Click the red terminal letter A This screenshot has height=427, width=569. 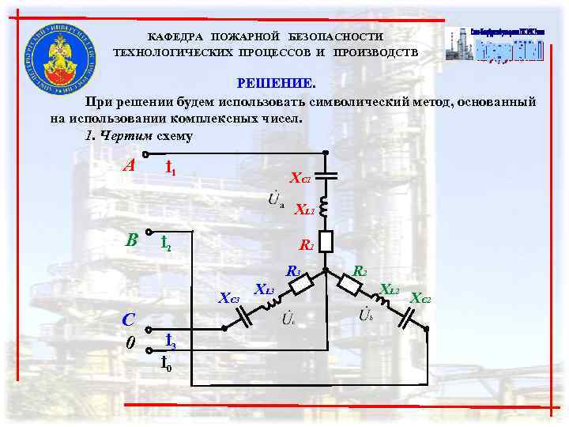click(x=129, y=167)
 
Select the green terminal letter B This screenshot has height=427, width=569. click(x=131, y=238)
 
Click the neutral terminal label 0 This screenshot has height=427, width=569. click(x=131, y=343)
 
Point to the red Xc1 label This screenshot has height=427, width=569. click(x=300, y=179)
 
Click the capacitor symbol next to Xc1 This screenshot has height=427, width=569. click(x=326, y=176)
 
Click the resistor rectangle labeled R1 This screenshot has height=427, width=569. click(x=326, y=240)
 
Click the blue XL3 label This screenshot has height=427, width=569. click(x=264, y=289)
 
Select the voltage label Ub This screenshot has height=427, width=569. click(x=367, y=314)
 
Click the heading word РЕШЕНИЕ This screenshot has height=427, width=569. click(x=277, y=84)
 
